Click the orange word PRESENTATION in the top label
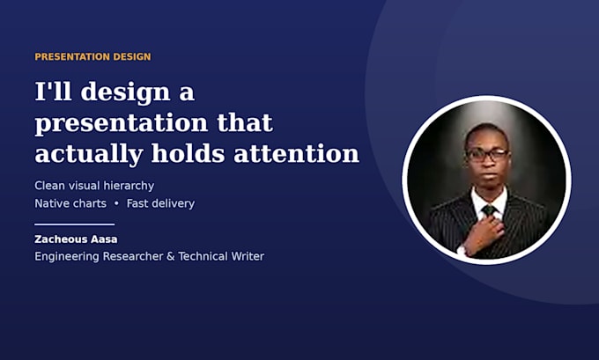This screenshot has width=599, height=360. point(67,57)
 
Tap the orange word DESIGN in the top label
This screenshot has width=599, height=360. point(127,57)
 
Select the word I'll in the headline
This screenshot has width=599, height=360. point(53,92)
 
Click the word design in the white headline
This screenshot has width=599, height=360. point(124,92)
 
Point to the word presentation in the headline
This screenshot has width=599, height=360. point(121,124)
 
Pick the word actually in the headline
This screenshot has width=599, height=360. point(89,155)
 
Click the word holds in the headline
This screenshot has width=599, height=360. point(189,153)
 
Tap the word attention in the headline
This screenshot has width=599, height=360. point(297,153)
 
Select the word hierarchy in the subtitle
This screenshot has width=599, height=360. point(129,186)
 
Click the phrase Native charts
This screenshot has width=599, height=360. point(70,203)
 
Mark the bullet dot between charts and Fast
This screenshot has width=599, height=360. point(116,204)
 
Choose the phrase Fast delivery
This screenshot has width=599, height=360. point(160,203)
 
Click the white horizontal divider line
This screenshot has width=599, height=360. point(75,224)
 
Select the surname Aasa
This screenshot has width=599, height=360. point(104,239)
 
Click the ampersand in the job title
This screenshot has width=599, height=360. point(170,256)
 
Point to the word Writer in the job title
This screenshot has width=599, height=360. point(247,256)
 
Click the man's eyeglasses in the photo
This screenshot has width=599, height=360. point(487,155)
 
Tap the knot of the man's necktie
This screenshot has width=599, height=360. point(489,210)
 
